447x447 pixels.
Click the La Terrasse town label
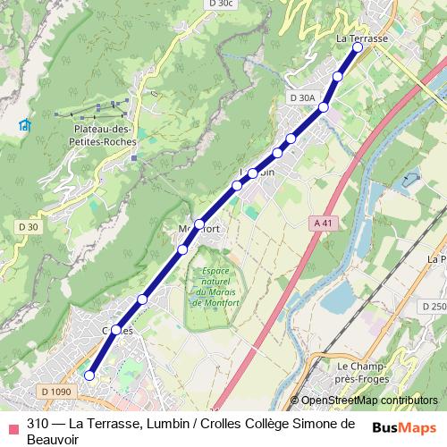(361, 39)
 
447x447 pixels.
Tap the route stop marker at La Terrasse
(358, 48)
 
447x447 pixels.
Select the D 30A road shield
(303, 97)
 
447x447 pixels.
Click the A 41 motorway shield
(324, 223)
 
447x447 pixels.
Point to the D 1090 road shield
(56, 392)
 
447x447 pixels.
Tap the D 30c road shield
(221, 4)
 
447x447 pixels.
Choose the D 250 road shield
(434, 307)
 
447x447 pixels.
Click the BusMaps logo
(405, 426)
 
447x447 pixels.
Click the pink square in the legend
(12, 426)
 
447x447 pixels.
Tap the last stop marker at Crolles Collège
(89, 376)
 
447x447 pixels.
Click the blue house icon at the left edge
(24, 124)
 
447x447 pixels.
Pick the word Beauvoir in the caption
(55, 440)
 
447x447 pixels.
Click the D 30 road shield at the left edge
(28, 227)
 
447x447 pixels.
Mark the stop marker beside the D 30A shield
(324, 107)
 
